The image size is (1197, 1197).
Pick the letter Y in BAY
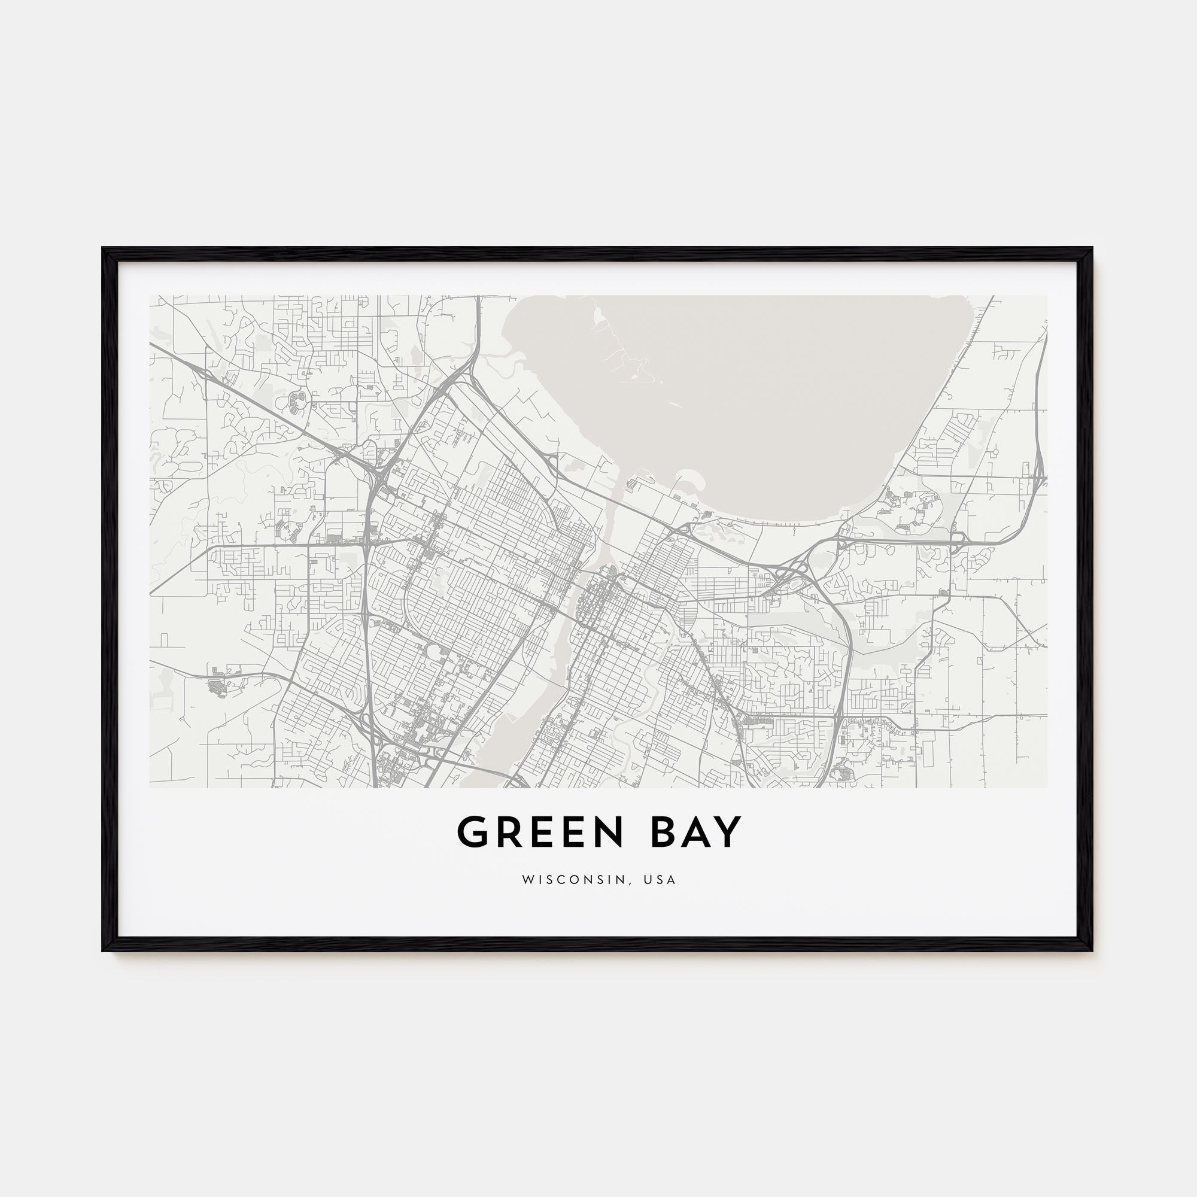coord(729,832)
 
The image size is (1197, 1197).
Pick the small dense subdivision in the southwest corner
coord(217,688)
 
